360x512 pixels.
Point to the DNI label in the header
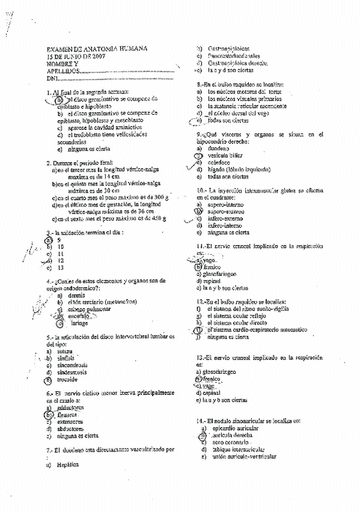[x=53, y=78]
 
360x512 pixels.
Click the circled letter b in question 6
[x=49, y=415]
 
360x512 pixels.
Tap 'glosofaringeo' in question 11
[x=227, y=274]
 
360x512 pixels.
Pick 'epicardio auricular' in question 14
[x=236, y=427]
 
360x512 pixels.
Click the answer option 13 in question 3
[x=61, y=267]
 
